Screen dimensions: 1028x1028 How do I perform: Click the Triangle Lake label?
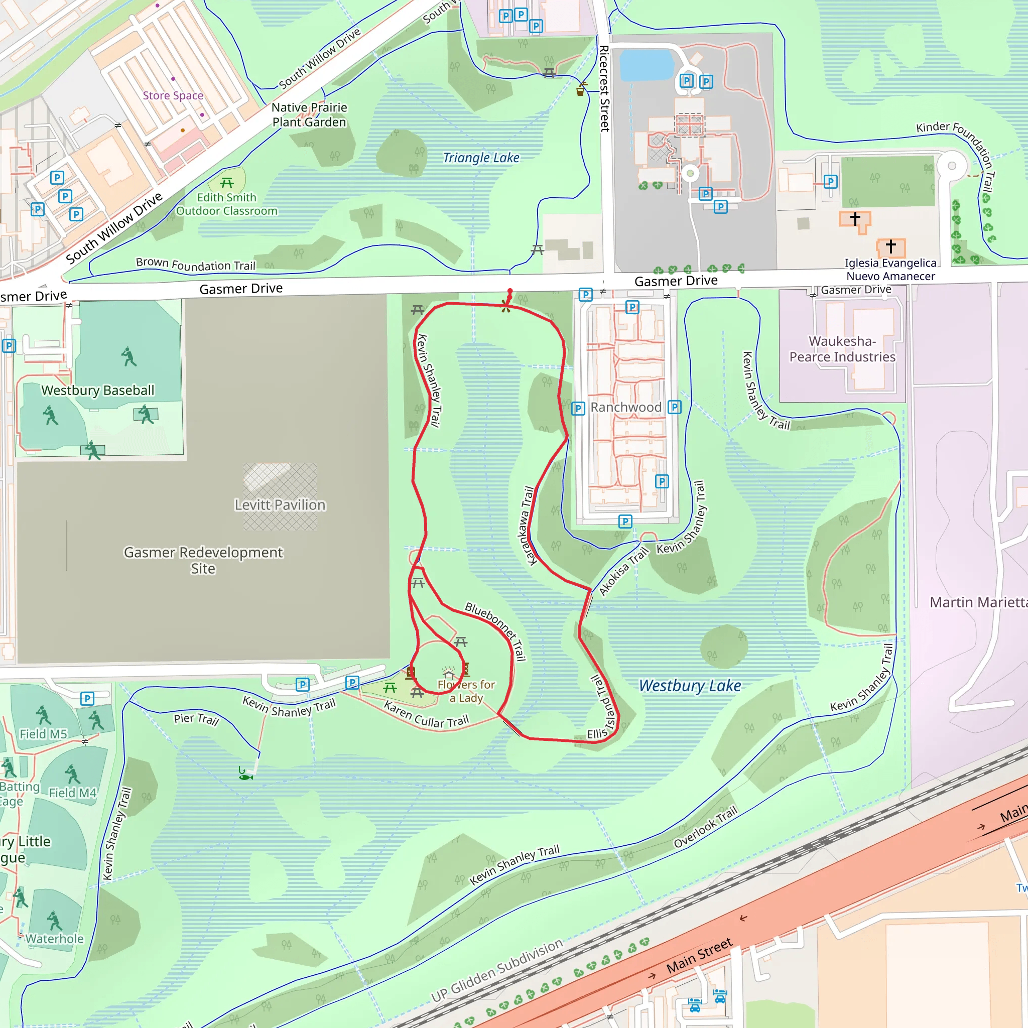tap(481, 158)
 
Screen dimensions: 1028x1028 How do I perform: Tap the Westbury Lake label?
tap(690, 685)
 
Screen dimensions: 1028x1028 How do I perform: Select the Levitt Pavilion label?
tap(280, 504)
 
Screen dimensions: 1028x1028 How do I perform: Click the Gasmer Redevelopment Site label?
tap(203, 560)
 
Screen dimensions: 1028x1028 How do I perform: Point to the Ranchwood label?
tap(626, 407)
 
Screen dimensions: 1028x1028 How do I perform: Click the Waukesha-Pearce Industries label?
tap(842, 349)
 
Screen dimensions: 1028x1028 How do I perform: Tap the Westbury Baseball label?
tap(98, 390)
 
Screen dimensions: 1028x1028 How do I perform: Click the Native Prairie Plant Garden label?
tap(309, 114)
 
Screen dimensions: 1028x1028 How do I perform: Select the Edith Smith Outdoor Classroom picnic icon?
tap(227, 183)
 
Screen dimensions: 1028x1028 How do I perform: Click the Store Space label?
tap(173, 95)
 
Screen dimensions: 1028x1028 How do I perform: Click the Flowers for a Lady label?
tap(466, 691)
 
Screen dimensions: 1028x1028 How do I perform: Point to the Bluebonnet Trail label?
tap(495, 631)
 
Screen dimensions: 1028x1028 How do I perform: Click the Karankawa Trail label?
tap(528, 526)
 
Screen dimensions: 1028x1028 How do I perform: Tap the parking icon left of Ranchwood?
tap(578, 409)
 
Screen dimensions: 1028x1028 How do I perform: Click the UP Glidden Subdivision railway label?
tap(496, 971)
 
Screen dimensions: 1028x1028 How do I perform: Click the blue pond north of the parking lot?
tap(647, 64)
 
